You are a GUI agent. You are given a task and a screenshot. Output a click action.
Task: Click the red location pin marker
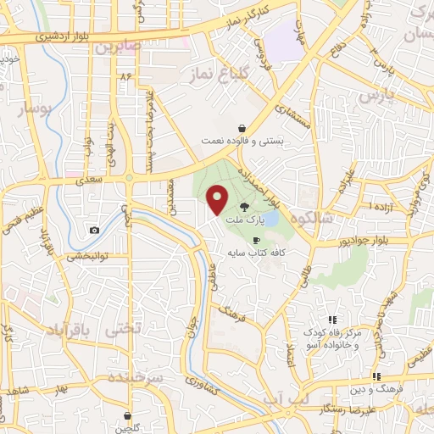(218, 199)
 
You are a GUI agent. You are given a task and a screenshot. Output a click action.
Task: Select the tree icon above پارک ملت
(244, 206)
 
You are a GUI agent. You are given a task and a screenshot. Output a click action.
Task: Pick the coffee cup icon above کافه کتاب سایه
(256, 240)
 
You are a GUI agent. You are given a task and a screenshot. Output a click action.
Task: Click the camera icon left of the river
(94, 230)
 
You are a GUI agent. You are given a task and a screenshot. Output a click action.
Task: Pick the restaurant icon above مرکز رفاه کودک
(333, 320)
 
